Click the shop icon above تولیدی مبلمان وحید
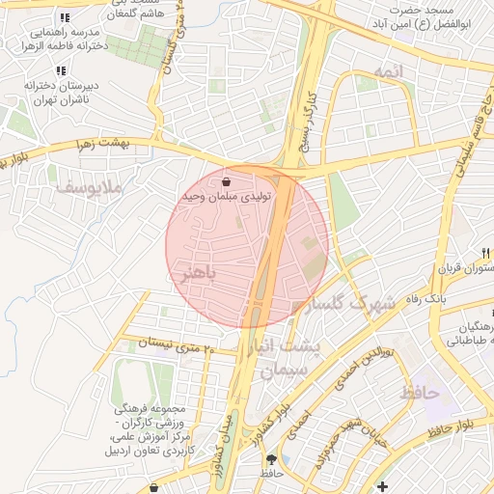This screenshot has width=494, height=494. coord(226,181)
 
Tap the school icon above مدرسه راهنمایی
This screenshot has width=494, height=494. coord(64,18)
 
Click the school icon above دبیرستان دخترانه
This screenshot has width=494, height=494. coord(61,70)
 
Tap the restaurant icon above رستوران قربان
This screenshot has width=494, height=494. coord(484,253)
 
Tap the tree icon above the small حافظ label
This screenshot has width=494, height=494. coord(271,459)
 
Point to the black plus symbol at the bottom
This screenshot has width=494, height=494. coord(383,485)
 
